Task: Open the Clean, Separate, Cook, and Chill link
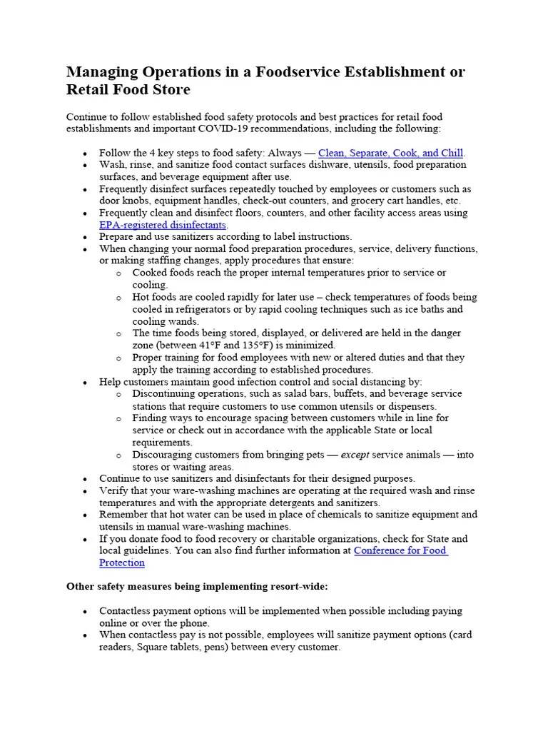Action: click(x=391, y=153)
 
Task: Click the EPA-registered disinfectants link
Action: click(x=163, y=225)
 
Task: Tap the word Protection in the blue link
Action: click(x=122, y=563)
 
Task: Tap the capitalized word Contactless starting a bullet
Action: click(x=126, y=611)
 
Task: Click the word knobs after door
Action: click(x=137, y=201)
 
